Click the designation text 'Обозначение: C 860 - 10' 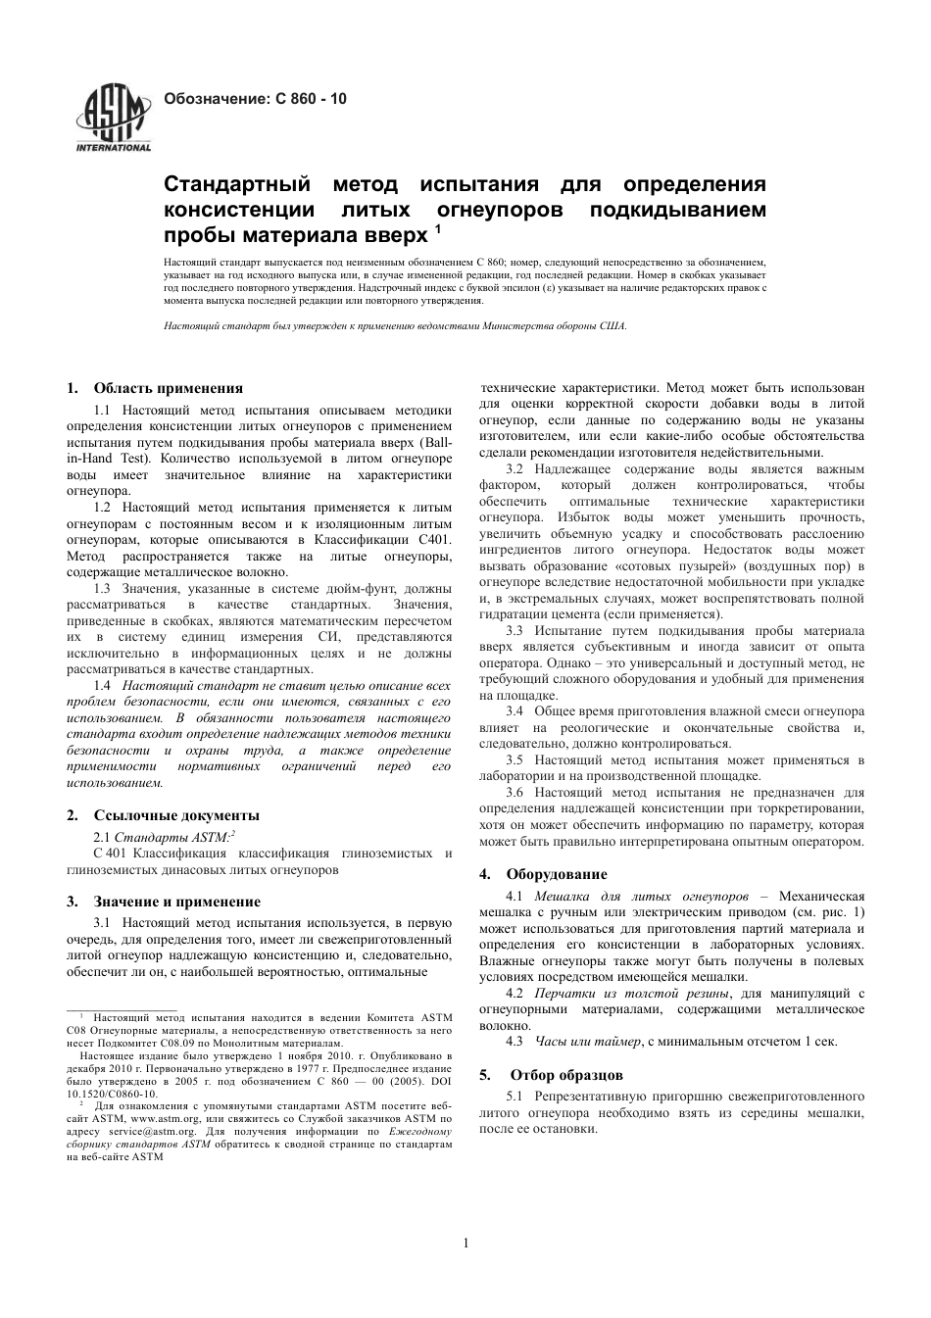tap(254, 99)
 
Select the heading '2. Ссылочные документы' tap(163, 814)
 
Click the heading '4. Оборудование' tap(543, 873)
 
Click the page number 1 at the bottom tap(465, 1245)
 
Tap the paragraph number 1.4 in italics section tap(102, 686)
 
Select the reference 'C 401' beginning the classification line tap(81, 853)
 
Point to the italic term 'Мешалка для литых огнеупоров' tap(641, 896)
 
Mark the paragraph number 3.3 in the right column tap(515, 631)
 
